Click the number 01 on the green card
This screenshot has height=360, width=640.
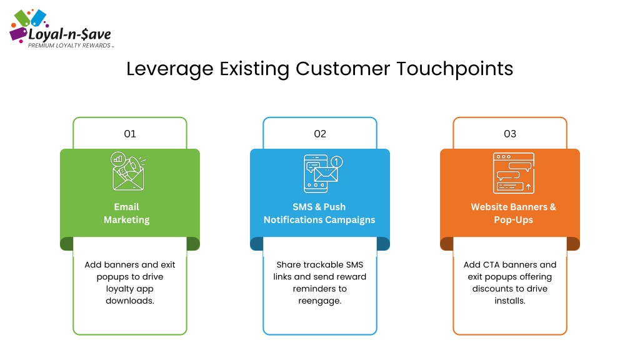pyautogui.click(x=130, y=134)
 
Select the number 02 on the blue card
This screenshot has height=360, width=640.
pyautogui.click(x=320, y=134)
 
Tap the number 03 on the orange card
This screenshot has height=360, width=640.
pyautogui.click(x=510, y=134)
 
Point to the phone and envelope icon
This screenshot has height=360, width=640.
pyautogui.click(x=323, y=174)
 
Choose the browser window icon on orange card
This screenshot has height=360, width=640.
pyautogui.click(x=514, y=173)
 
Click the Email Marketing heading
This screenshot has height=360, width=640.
pyautogui.click(x=126, y=214)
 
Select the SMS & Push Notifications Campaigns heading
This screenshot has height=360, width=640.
pyautogui.click(x=319, y=214)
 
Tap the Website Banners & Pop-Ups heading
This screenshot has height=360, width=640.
pyautogui.click(x=514, y=214)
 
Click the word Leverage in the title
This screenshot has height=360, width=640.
pyautogui.click(x=170, y=69)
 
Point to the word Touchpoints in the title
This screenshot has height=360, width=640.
pyautogui.click(x=455, y=69)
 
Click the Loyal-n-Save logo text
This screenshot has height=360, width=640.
pyautogui.click(x=69, y=34)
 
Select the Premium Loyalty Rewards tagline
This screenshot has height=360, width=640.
pyautogui.click(x=69, y=46)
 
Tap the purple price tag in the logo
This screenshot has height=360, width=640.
pyautogui.click(x=18, y=34)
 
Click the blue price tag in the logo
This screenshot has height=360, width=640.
pyautogui.click(x=38, y=17)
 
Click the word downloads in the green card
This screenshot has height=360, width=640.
pyautogui.click(x=130, y=301)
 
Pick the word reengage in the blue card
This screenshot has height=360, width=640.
pyautogui.click(x=319, y=301)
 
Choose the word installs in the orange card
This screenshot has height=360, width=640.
pyautogui.click(x=510, y=301)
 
